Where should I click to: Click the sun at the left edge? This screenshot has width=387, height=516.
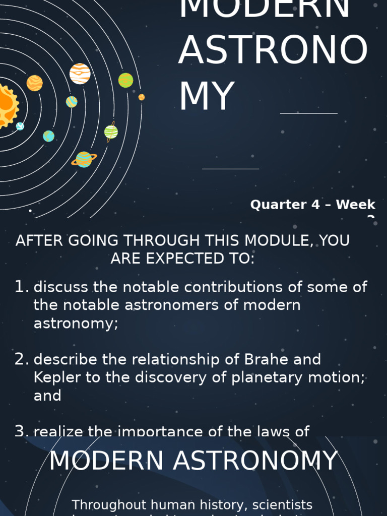(x=6, y=105)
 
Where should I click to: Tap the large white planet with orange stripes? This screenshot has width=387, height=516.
(x=80, y=74)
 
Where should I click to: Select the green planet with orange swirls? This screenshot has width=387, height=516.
(x=125, y=80)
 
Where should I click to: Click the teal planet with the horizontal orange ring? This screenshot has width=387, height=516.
(x=84, y=159)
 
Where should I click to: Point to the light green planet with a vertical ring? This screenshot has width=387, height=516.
(x=111, y=132)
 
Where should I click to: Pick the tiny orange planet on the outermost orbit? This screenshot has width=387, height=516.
(x=142, y=97)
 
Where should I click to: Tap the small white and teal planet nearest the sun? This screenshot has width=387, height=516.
(x=20, y=126)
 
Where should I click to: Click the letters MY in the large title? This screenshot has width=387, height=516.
(x=207, y=96)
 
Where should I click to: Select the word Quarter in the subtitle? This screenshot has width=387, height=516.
(x=279, y=205)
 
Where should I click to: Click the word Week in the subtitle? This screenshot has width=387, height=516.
(x=356, y=205)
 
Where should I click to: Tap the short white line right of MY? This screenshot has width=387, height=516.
(x=308, y=113)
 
